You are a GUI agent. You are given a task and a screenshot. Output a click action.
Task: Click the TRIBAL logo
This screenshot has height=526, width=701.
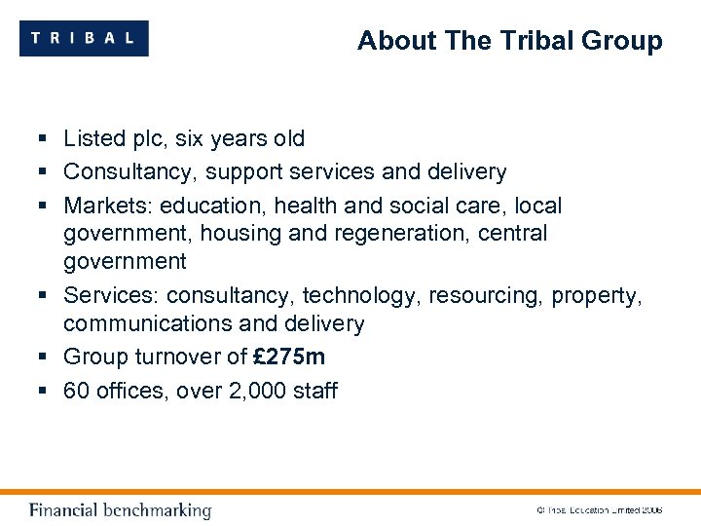84,38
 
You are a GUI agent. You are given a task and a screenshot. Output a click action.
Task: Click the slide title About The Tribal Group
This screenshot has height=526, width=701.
509,41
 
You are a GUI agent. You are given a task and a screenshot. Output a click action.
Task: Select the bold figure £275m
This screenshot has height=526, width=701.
289,357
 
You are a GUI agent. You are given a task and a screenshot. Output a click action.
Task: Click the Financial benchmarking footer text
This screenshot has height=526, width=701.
120,510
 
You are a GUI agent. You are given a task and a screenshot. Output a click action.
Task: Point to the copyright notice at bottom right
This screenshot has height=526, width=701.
599,510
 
